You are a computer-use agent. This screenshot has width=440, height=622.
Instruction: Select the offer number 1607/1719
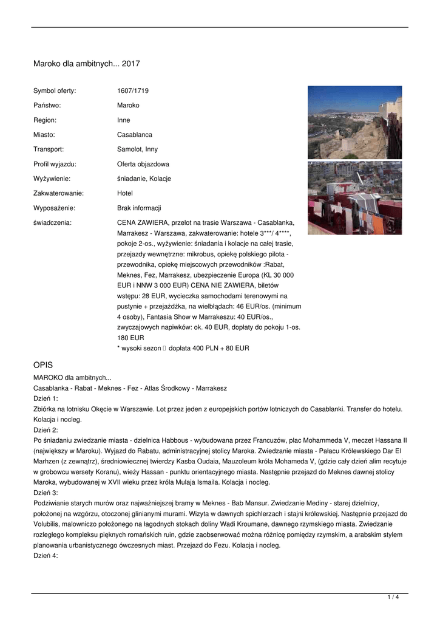(133, 91)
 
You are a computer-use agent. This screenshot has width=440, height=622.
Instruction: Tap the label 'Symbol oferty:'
(55, 91)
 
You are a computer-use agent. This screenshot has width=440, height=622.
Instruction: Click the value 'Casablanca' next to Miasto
(135, 135)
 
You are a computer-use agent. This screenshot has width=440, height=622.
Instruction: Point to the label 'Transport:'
(49, 149)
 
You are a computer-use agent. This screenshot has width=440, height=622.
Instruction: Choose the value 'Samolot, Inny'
(137, 149)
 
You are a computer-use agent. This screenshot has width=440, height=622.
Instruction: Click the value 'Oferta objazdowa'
(143, 164)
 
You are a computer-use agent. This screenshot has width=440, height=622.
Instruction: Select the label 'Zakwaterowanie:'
(58, 193)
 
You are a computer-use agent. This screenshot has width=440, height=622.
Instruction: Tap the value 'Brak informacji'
(139, 208)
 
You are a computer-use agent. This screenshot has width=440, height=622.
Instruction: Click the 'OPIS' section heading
(43, 365)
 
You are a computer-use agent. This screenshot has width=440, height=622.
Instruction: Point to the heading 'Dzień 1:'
(46, 398)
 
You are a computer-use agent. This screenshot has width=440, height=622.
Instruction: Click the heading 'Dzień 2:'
(46, 430)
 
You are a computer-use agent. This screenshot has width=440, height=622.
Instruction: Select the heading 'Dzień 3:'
(46, 493)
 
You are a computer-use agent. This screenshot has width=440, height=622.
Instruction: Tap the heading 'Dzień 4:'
(46, 556)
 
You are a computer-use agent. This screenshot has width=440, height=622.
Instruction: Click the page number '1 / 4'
(393, 598)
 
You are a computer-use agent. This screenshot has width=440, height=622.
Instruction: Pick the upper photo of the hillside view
(354, 122)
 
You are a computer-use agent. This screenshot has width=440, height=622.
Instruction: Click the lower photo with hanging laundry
(354, 198)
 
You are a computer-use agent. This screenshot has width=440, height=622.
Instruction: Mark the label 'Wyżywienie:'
(52, 179)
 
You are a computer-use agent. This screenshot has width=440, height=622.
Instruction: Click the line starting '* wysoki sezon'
(183, 349)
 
